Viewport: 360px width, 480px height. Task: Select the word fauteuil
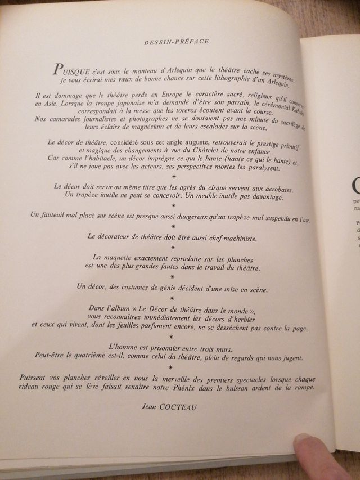[57, 216]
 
